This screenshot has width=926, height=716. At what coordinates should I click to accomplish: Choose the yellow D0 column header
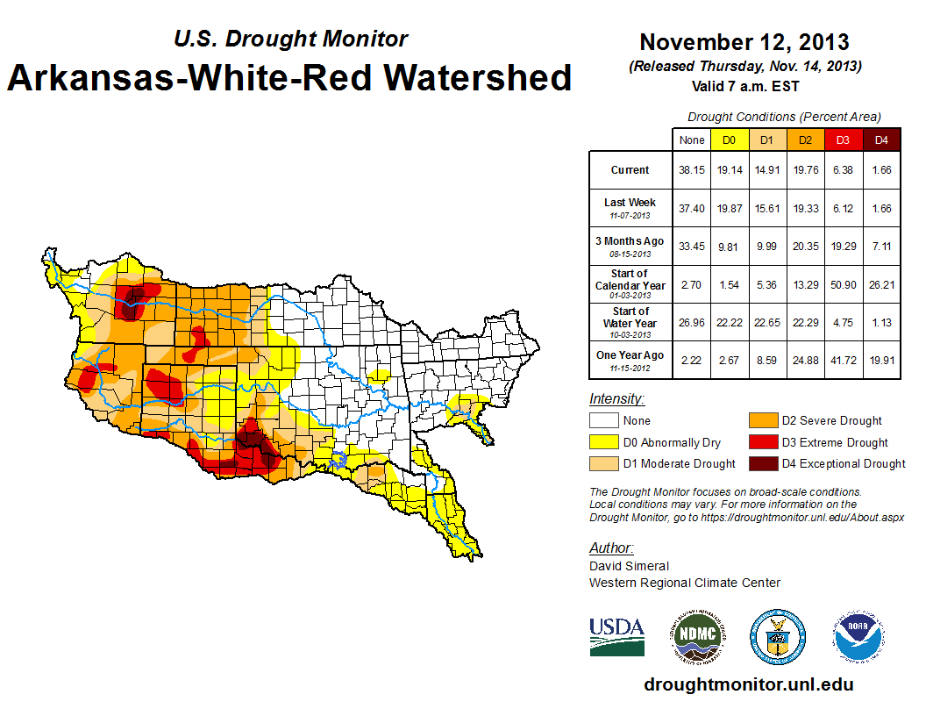pyautogui.click(x=729, y=140)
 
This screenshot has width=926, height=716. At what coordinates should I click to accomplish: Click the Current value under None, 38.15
pyautogui.click(x=692, y=170)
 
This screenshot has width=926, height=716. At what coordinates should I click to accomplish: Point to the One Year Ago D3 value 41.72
pyautogui.click(x=842, y=355)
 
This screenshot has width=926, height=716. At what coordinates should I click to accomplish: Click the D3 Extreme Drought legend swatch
pyautogui.click(x=763, y=442)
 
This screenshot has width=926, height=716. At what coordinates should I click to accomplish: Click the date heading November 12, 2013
pyautogui.click(x=744, y=42)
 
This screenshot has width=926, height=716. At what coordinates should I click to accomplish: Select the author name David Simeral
pyautogui.click(x=629, y=566)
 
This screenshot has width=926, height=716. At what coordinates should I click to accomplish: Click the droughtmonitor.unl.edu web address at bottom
pyautogui.click(x=748, y=684)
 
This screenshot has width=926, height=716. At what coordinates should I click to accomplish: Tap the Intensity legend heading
pyautogui.click(x=616, y=398)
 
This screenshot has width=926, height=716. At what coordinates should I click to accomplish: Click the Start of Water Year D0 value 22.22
pyautogui.click(x=729, y=323)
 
